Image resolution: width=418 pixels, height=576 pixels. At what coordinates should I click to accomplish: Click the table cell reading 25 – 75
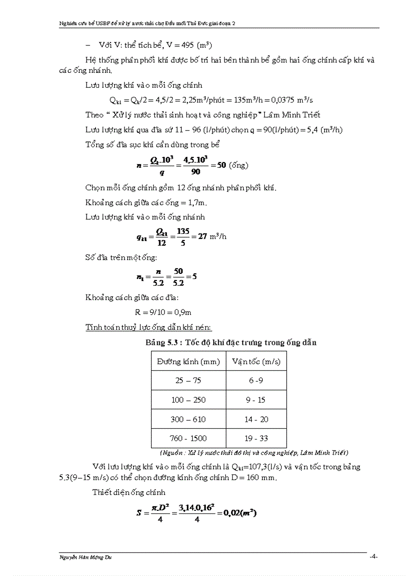189,381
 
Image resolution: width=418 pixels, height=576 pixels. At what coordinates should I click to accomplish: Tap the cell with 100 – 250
189,400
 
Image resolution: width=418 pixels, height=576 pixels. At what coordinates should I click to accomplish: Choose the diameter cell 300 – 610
189,419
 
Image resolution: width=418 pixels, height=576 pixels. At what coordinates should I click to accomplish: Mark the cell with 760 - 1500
189,438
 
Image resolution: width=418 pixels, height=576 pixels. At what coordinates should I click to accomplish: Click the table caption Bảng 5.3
231,342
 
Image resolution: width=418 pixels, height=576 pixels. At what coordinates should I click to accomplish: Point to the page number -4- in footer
373,557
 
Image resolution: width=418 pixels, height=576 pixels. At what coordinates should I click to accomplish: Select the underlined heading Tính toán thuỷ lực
149,327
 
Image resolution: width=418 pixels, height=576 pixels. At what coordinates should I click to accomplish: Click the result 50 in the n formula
222,166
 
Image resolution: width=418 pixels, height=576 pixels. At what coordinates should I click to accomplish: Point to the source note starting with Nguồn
254,453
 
